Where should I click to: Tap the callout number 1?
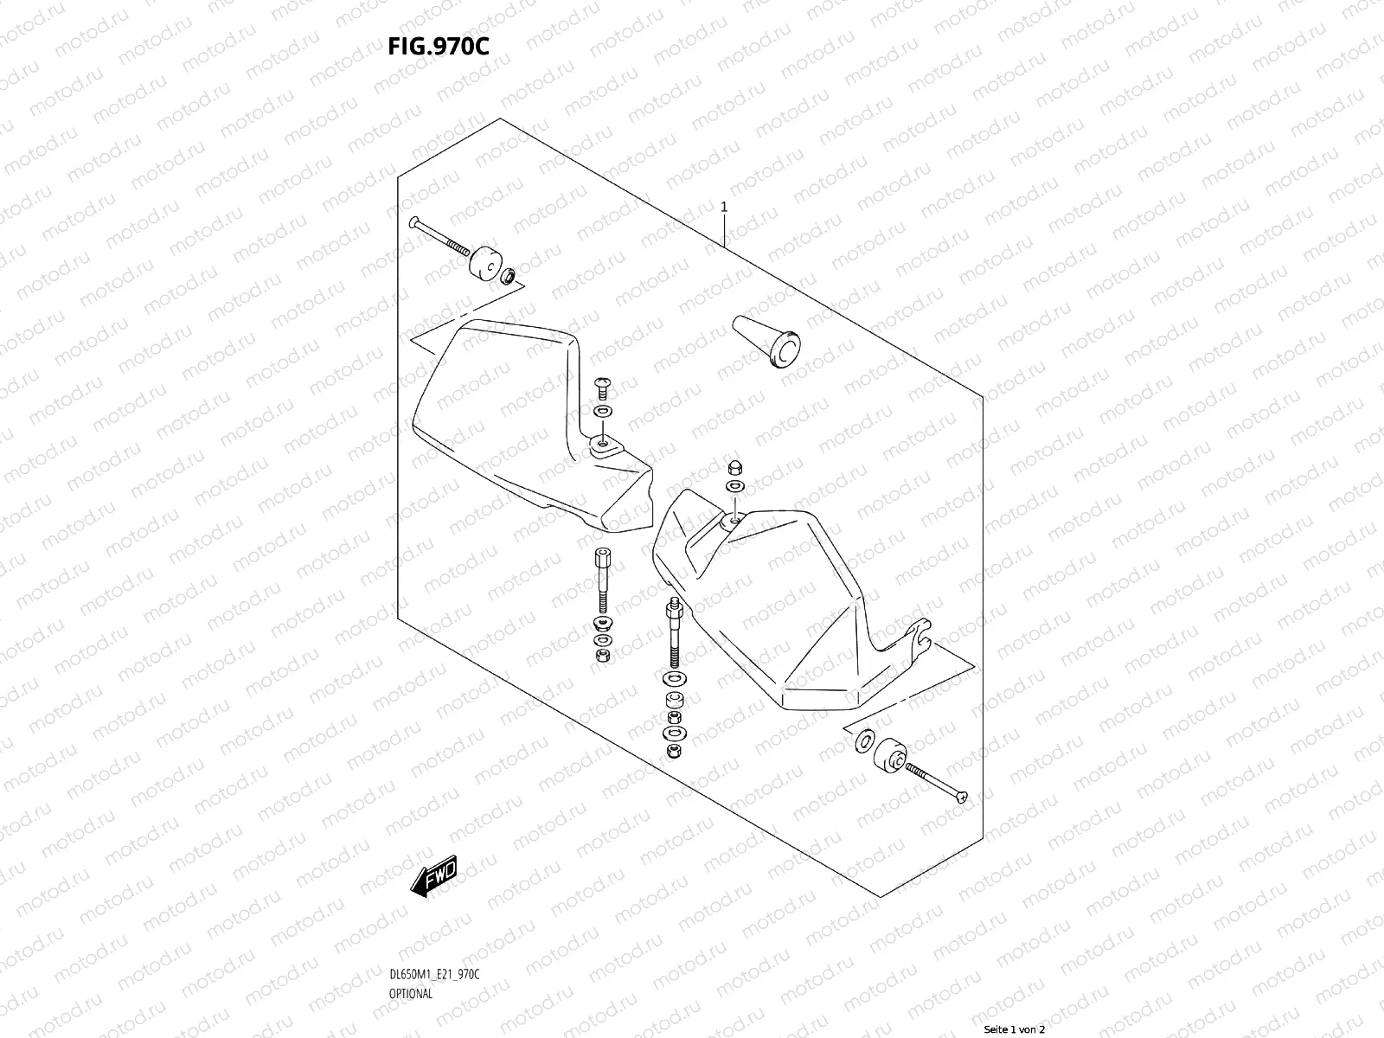[724, 208]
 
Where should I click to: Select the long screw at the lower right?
[937, 784]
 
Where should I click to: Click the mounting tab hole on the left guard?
[602, 446]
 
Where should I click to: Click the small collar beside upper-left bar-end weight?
[509, 277]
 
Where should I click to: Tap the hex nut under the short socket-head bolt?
[601, 656]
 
